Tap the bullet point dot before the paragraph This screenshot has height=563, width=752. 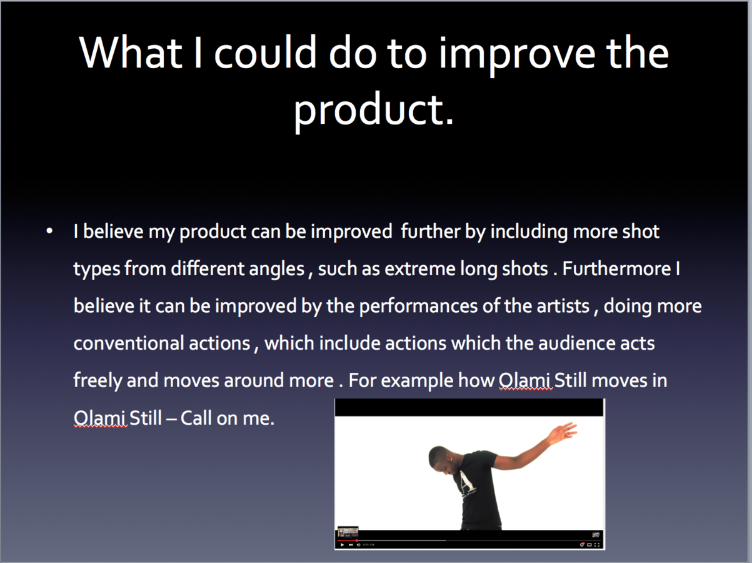click(49, 231)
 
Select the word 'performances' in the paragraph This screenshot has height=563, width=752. click(418, 306)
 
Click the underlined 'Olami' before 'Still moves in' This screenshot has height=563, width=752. click(524, 380)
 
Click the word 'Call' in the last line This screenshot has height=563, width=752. click(196, 418)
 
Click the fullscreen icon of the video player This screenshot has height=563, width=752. click(597, 544)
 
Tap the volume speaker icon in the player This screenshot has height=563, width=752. click(358, 544)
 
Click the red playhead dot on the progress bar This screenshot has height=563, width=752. click(357, 540)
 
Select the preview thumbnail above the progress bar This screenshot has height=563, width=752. click(348, 532)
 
